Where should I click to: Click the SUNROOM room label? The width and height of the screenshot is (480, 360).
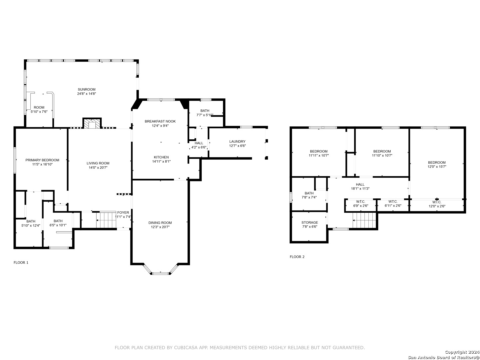click(x=87, y=89)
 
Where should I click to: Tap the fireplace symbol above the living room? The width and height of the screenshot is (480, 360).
click(x=92, y=123)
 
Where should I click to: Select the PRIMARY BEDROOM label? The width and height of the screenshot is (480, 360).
click(x=42, y=160)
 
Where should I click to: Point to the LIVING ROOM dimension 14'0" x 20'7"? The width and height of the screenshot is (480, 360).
click(x=98, y=168)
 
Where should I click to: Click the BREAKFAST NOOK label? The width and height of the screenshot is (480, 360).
click(x=160, y=121)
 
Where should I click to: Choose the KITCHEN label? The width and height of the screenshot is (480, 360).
click(x=161, y=157)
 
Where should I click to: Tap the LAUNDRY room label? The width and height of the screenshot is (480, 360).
click(x=237, y=141)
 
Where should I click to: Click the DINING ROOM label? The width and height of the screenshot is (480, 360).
click(x=160, y=223)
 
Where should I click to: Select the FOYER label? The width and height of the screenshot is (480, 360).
click(x=123, y=212)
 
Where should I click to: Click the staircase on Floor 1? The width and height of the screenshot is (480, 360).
click(x=106, y=220)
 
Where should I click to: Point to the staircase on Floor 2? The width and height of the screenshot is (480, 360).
click(x=364, y=220)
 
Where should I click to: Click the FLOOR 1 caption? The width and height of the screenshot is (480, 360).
click(x=21, y=263)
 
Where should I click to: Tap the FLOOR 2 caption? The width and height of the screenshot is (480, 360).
click(x=297, y=257)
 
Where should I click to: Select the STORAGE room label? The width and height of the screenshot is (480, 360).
click(x=310, y=223)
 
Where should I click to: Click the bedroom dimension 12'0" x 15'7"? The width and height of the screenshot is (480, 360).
click(x=437, y=167)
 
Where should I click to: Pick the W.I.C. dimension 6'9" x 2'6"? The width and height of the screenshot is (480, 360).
click(x=361, y=206)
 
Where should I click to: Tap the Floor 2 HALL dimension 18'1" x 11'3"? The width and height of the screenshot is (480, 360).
click(x=360, y=188)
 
